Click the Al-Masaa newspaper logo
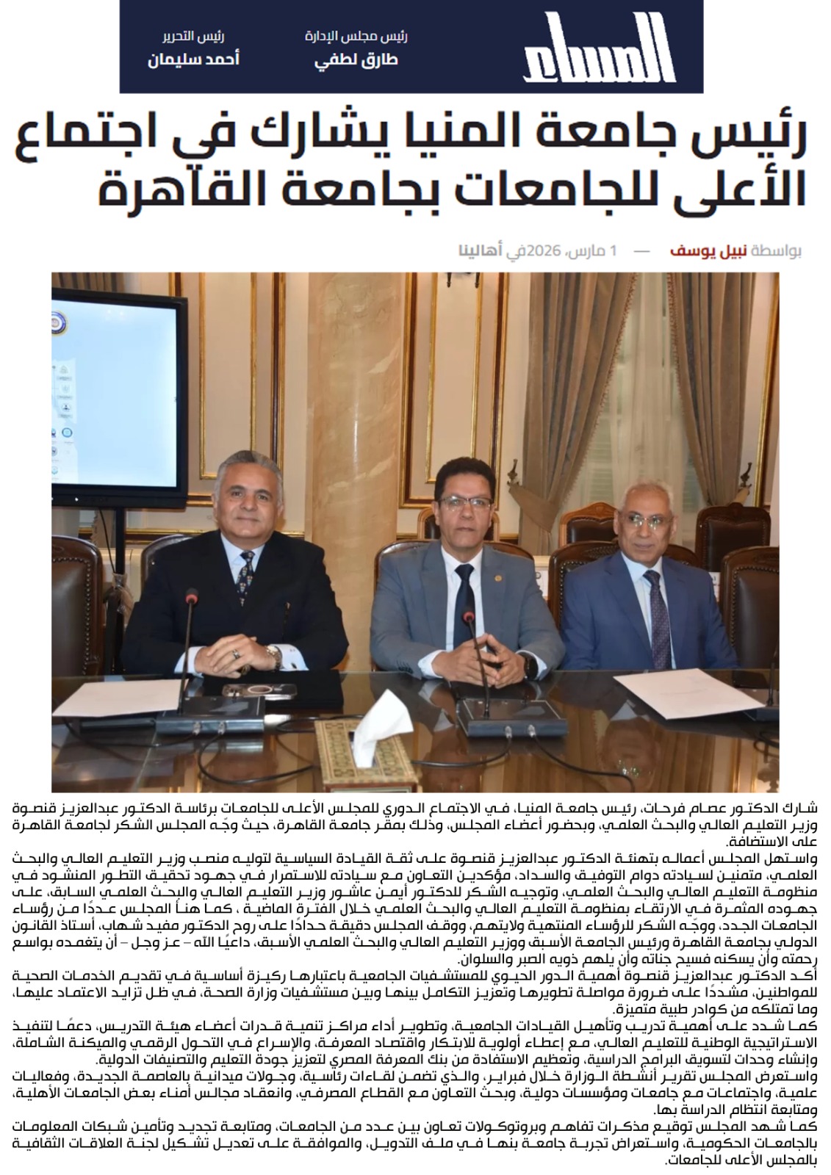click(599, 47)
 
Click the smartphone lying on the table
click(260, 690)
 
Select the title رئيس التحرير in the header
click(193, 37)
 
